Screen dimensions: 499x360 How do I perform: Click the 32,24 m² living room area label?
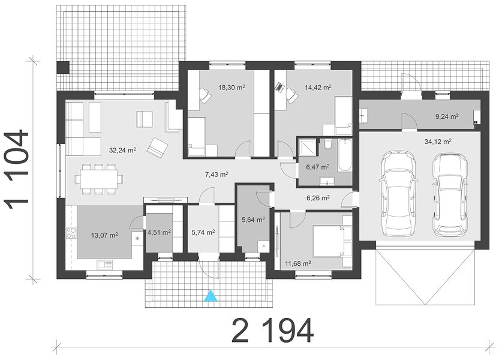click(x=122, y=150)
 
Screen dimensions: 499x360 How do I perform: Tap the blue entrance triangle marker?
click(x=211, y=296)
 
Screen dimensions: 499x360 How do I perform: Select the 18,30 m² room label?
click(x=232, y=87)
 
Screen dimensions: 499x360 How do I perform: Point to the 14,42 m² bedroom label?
click(x=318, y=87)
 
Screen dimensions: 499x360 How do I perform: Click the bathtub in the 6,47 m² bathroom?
click(x=344, y=155)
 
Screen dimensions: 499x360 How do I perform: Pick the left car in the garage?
click(x=399, y=194)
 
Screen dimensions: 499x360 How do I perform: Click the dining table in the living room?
click(x=98, y=179)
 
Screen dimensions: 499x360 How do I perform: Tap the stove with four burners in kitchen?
click(x=71, y=233)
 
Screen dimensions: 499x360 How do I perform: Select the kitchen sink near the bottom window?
click(x=105, y=264)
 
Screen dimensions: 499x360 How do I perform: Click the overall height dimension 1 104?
click(x=17, y=169)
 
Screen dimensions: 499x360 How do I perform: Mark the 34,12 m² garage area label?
click(x=438, y=142)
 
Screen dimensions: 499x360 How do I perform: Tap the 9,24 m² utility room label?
click(x=447, y=116)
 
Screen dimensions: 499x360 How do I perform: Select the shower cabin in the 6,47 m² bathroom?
click(x=308, y=148)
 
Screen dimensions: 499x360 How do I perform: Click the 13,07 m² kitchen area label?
click(x=104, y=236)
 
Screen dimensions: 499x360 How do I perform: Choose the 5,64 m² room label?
click(x=253, y=220)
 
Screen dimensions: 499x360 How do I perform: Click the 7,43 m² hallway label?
click(x=217, y=174)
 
